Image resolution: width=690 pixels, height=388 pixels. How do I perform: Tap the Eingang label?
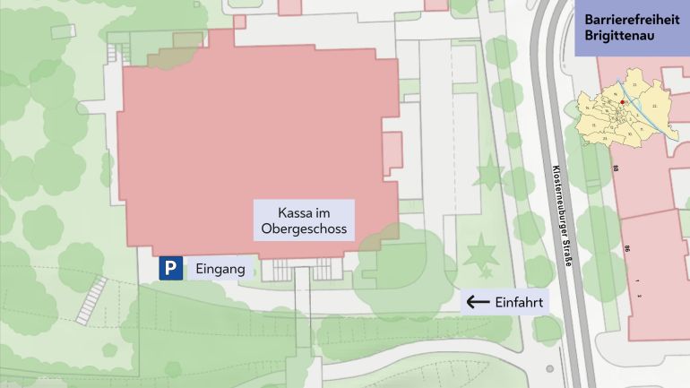(x=214, y=268)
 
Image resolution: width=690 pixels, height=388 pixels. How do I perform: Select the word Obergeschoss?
(x=304, y=229)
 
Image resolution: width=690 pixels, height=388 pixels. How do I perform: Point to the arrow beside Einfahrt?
(x=478, y=302)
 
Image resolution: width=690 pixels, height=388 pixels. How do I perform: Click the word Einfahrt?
(x=519, y=302)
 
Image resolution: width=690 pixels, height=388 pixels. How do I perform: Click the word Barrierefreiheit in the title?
(x=632, y=20)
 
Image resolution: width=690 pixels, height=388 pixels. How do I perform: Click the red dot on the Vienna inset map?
(x=624, y=102)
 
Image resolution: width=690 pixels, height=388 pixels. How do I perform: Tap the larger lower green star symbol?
(x=482, y=253)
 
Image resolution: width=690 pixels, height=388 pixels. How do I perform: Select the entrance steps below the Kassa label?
(x=304, y=268)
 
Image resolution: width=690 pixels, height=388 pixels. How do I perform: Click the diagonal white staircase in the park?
(x=91, y=299)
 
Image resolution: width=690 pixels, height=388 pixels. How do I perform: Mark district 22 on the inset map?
(x=656, y=106)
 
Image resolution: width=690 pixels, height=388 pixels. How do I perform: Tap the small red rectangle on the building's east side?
(x=392, y=152)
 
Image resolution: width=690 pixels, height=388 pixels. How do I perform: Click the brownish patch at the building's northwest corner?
(x=170, y=54)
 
